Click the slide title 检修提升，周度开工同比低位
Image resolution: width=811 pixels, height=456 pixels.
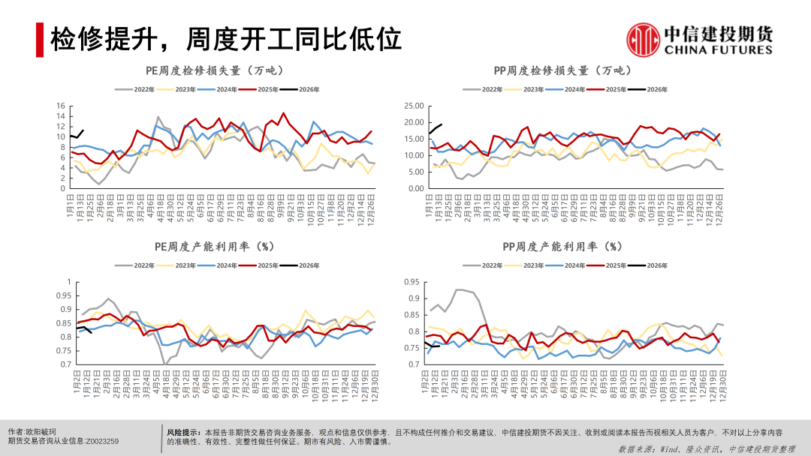[x=226, y=39]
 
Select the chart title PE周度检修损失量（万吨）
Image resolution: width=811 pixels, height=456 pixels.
[x=216, y=71]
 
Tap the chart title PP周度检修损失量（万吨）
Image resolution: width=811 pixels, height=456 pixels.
[x=562, y=71]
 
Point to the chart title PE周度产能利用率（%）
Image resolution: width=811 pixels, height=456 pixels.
[x=216, y=246]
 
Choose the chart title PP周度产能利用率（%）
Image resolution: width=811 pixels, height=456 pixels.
[x=562, y=246]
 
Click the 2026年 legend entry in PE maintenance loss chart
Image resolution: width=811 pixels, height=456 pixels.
[x=300, y=89]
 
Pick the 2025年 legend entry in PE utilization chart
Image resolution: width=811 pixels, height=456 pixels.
[x=259, y=265]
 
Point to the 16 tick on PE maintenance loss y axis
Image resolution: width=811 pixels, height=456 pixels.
[x=62, y=106]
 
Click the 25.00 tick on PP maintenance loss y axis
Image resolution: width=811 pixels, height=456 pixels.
[x=415, y=106]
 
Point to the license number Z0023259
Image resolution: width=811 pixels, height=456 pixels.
[x=101, y=442]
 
